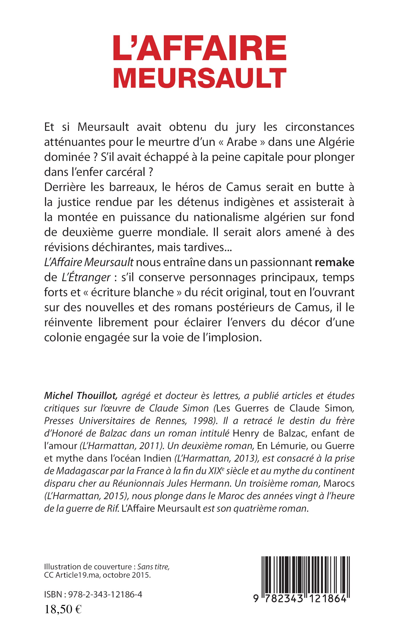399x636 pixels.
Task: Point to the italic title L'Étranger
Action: coord(86,277)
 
